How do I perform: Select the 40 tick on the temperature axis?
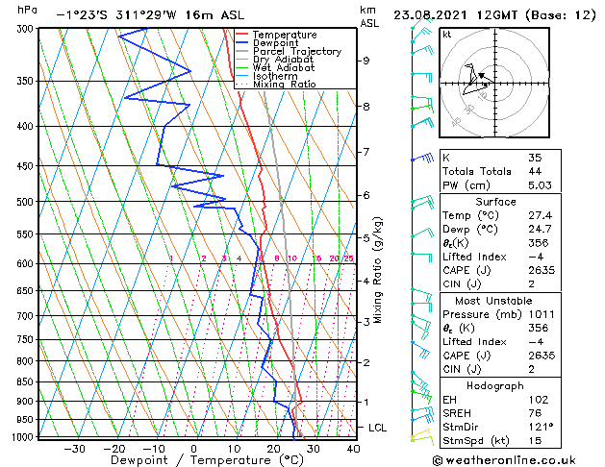click(353, 448)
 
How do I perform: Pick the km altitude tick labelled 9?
click(366, 61)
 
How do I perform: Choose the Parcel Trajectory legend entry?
click(296, 52)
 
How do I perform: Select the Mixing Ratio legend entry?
click(285, 85)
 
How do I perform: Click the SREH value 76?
click(536, 412)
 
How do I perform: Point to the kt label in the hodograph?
click(446, 35)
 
